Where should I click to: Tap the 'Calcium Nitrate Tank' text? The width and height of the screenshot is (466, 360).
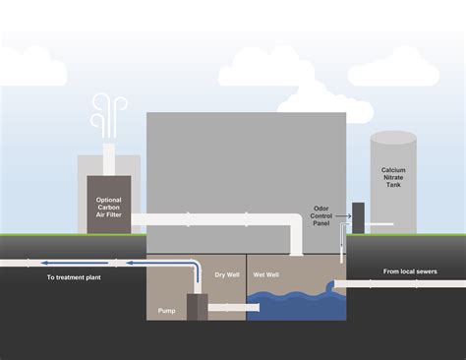(393, 177)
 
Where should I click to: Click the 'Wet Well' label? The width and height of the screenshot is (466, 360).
(266, 273)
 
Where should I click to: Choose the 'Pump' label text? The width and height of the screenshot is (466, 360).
(167, 310)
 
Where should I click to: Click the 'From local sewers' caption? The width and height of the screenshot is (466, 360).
(410, 270)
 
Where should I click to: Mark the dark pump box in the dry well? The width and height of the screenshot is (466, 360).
(197, 307)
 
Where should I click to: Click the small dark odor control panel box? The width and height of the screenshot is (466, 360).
(358, 217)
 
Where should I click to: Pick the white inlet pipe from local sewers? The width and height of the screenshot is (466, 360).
(393, 283)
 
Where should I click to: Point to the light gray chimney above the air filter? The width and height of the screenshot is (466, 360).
(109, 162)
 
